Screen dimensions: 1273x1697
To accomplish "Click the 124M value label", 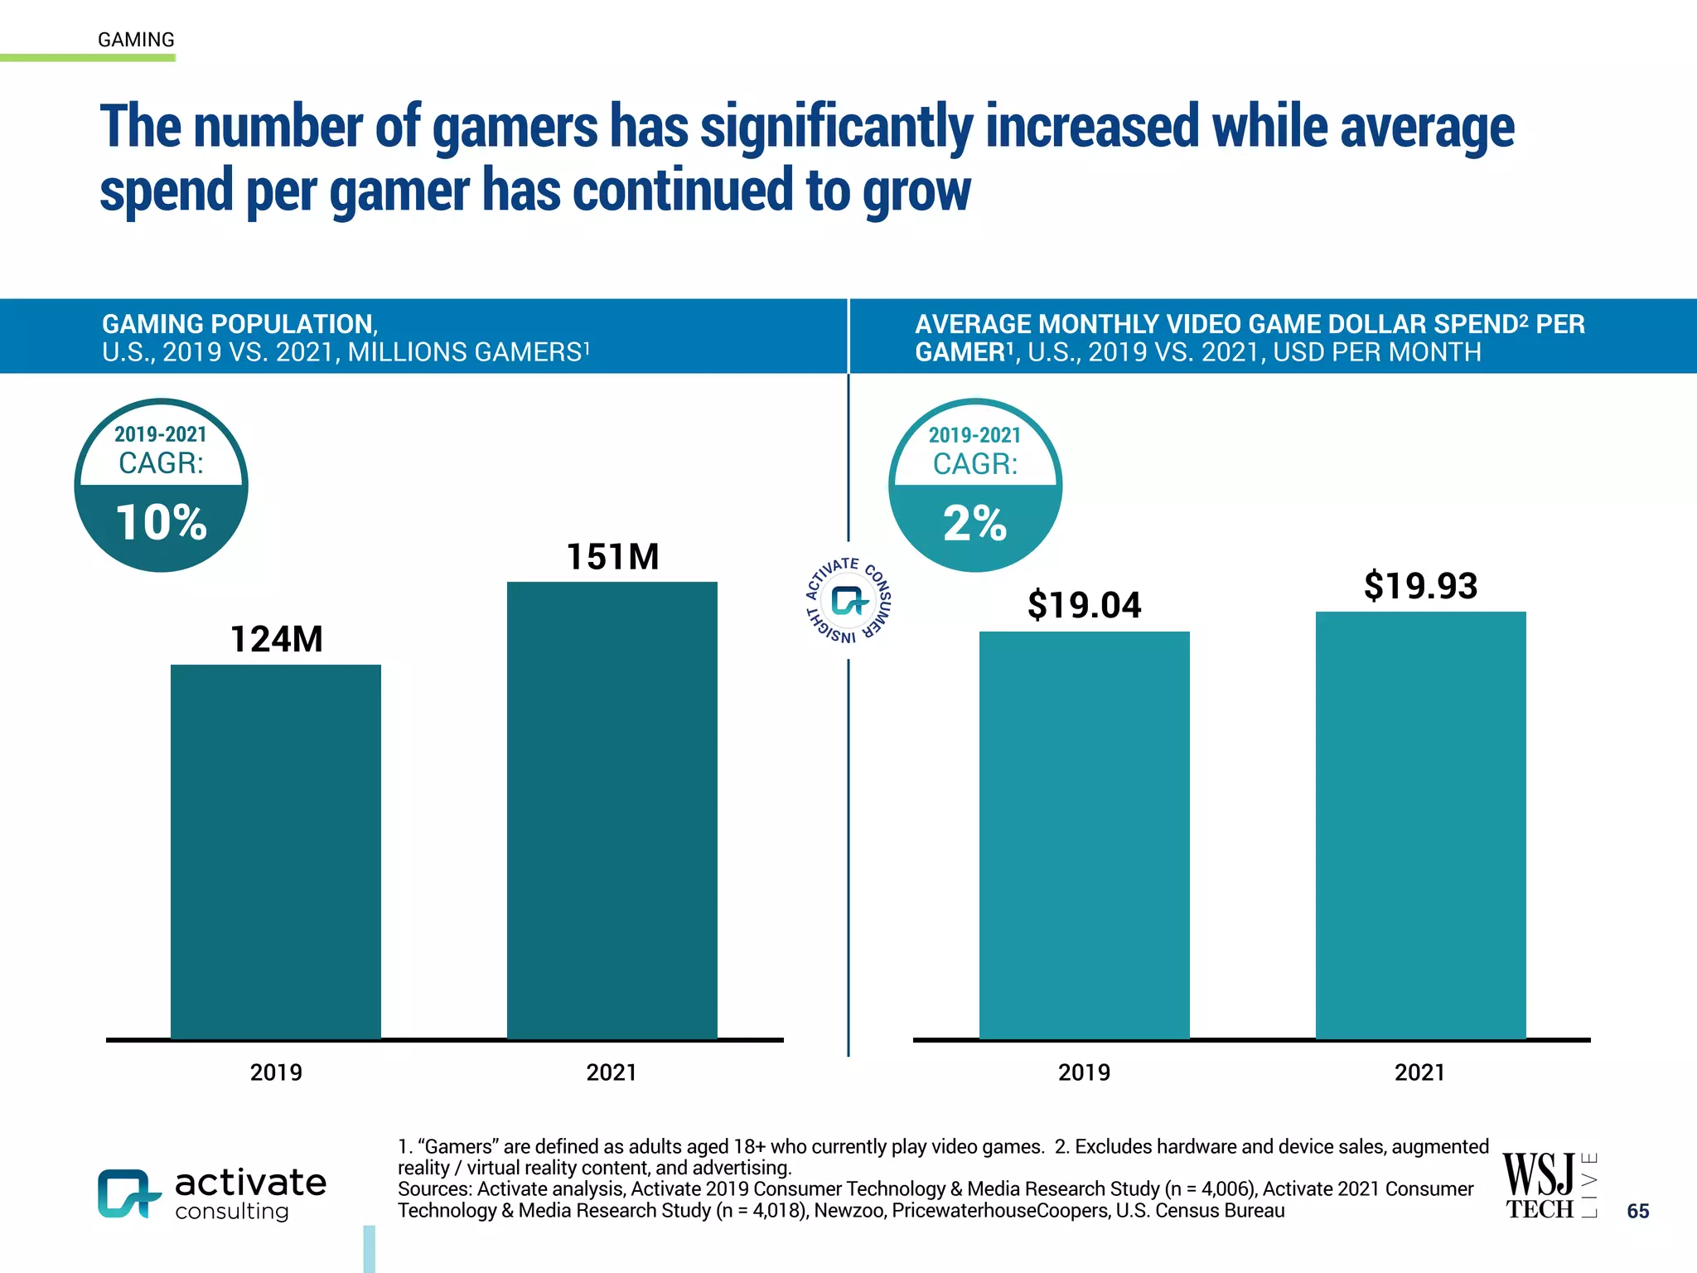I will click(276, 639).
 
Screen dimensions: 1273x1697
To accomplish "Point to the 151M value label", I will click(612, 557).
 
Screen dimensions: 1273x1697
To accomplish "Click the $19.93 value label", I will click(1420, 586).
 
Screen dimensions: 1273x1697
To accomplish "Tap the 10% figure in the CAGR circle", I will click(161, 523).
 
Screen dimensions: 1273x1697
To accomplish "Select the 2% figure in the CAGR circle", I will click(974, 524).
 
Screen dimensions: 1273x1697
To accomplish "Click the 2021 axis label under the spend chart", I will click(1419, 1072).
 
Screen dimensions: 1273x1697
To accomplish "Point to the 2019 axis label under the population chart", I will click(276, 1072).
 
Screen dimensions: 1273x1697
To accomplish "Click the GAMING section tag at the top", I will click(136, 40).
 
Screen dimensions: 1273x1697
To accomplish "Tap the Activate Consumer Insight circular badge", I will click(848, 601).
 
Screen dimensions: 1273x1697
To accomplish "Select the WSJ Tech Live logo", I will click(1548, 1186).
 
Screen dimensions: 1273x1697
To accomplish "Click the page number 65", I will click(1637, 1211).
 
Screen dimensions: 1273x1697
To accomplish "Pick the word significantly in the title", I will click(836, 128).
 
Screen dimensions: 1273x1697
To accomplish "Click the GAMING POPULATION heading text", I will click(239, 324).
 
